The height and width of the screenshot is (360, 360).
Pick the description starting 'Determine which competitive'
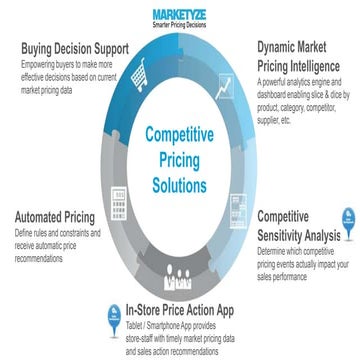[x=300, y=261]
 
